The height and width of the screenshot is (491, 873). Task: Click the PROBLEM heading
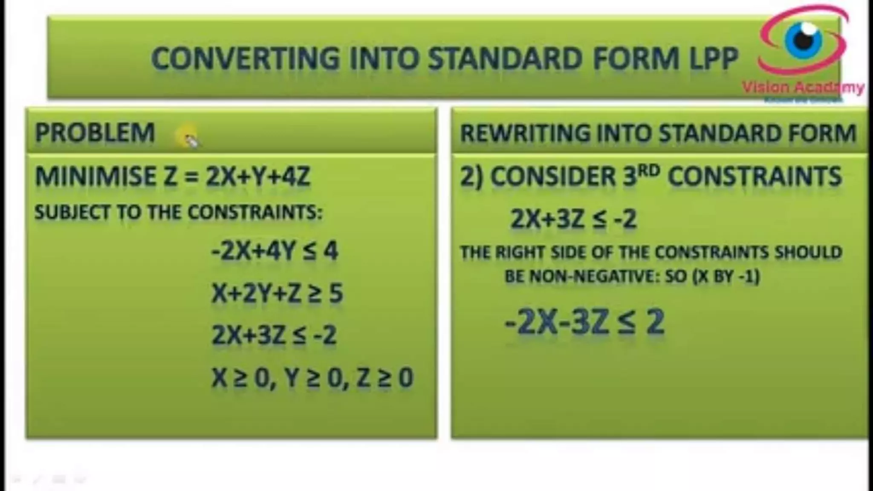[95, 133]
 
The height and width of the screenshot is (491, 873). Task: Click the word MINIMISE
[95, 176]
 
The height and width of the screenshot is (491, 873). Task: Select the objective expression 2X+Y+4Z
[258, 176]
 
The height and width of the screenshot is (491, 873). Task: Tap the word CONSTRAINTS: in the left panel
[255, 212]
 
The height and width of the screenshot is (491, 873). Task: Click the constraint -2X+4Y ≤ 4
[275, 251]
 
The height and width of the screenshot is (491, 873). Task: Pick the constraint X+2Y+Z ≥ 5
[277, 293]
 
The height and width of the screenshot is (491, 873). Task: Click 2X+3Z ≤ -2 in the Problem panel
[274, 335]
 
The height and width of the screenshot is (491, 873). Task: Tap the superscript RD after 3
[649, 170]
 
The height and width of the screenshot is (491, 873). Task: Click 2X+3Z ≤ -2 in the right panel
[573, 219]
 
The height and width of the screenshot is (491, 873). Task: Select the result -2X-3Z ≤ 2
[584, 322]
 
